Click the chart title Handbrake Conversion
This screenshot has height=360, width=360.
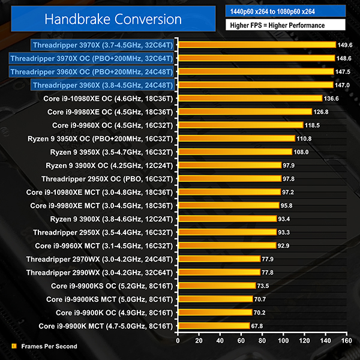coord(113,19)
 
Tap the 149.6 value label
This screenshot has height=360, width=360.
coord(345,45)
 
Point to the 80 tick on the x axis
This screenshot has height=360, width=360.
coord(262,340)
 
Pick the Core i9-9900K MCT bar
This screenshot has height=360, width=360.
coord(213,326)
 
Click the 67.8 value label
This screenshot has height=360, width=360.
coord(259,326)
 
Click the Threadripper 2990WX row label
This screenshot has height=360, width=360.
coord(99,272)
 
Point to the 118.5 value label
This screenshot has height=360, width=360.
coord(312,125)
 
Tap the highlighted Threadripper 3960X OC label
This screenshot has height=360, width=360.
coord(91,71)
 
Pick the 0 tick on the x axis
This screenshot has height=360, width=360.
coord(178,340)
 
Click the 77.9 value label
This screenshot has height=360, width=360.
coord(269,259)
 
